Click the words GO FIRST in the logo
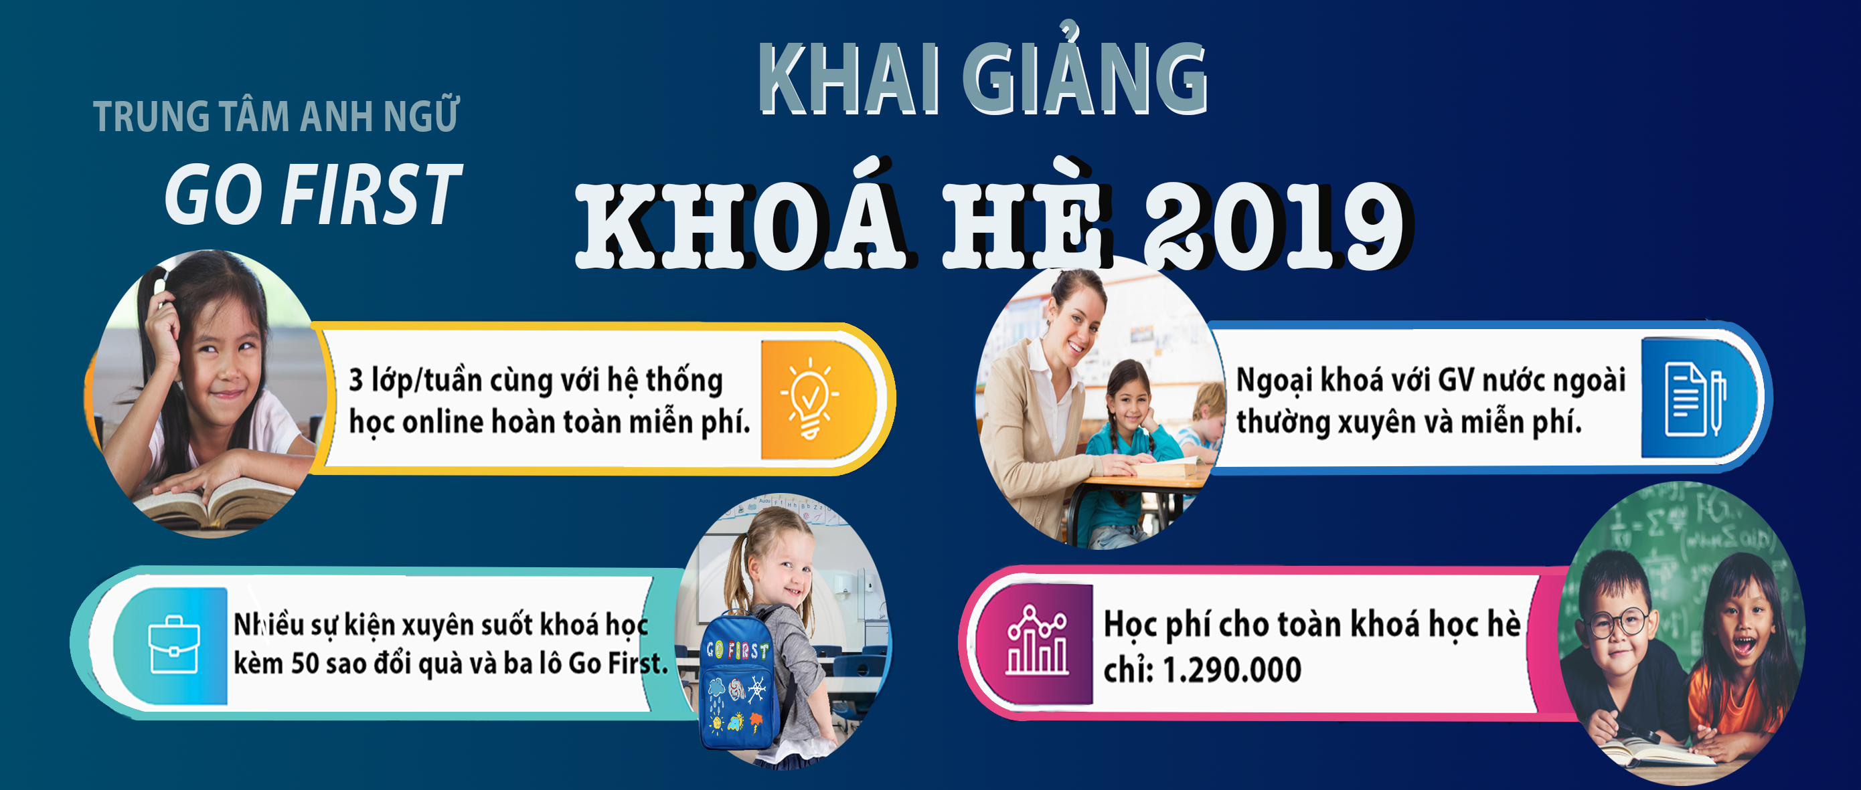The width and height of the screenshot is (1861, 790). [313, 193]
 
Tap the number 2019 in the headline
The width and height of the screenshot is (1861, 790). [1275, 225]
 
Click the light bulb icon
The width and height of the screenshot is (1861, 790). [810, 398]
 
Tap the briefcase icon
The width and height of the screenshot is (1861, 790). [174, 644]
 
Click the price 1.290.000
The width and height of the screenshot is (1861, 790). [1231, 670]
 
